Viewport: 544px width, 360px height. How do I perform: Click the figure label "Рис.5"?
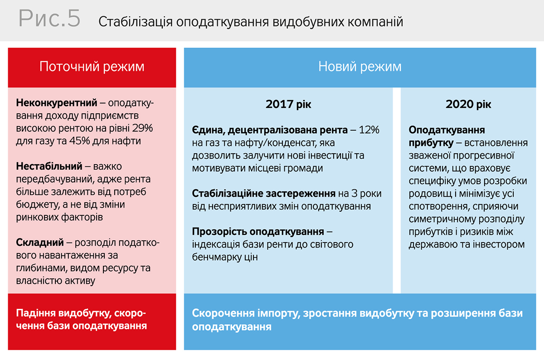(49, 18)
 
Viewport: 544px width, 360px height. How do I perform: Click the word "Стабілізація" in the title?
(136, 22)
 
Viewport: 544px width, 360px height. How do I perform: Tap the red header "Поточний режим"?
(92, 67)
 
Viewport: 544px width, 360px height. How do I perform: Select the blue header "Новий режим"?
(360, 67)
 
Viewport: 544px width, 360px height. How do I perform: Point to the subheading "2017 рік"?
(288, 104)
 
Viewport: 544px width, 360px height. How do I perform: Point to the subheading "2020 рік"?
(468, 104)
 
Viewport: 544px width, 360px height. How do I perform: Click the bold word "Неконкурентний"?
(57, 103)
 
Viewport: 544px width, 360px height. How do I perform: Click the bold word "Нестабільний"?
(49, 166)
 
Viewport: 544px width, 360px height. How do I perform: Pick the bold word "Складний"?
(40, 243)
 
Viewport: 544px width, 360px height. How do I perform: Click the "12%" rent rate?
(369, 130)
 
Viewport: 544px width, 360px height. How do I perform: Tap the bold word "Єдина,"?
(209, 131)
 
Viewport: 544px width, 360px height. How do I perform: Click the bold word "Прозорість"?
(219, 232)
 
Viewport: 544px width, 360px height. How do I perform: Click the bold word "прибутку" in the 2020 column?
(431, 143)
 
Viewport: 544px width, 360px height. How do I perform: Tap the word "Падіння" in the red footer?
(36, 314)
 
